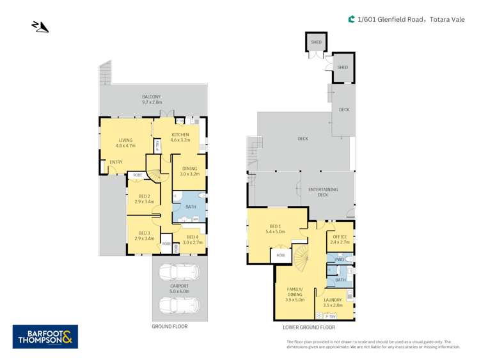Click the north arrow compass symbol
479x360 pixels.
click(x=40, y=26)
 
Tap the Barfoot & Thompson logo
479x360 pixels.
click(x=45, y=336)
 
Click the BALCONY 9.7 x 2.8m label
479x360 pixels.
click(x=152, y=99)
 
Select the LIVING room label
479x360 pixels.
click(x=124, y=143)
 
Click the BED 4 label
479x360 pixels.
click(x=192, y=240)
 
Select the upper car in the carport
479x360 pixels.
click(x=179, y=272)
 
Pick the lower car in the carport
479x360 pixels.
click(x=179, y=305)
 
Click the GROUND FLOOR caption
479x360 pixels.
click(x=169, y=326)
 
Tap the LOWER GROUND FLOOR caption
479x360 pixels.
click(x=309, y=327)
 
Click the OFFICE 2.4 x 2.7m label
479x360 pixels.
click(x=340, y=240)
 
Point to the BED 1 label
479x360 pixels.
click(x=275, y=229)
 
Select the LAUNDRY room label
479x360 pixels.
click(x=333, y=302)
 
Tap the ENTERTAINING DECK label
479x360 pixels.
click(x=323, y=192)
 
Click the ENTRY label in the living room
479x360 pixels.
click(x=116, y=162)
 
